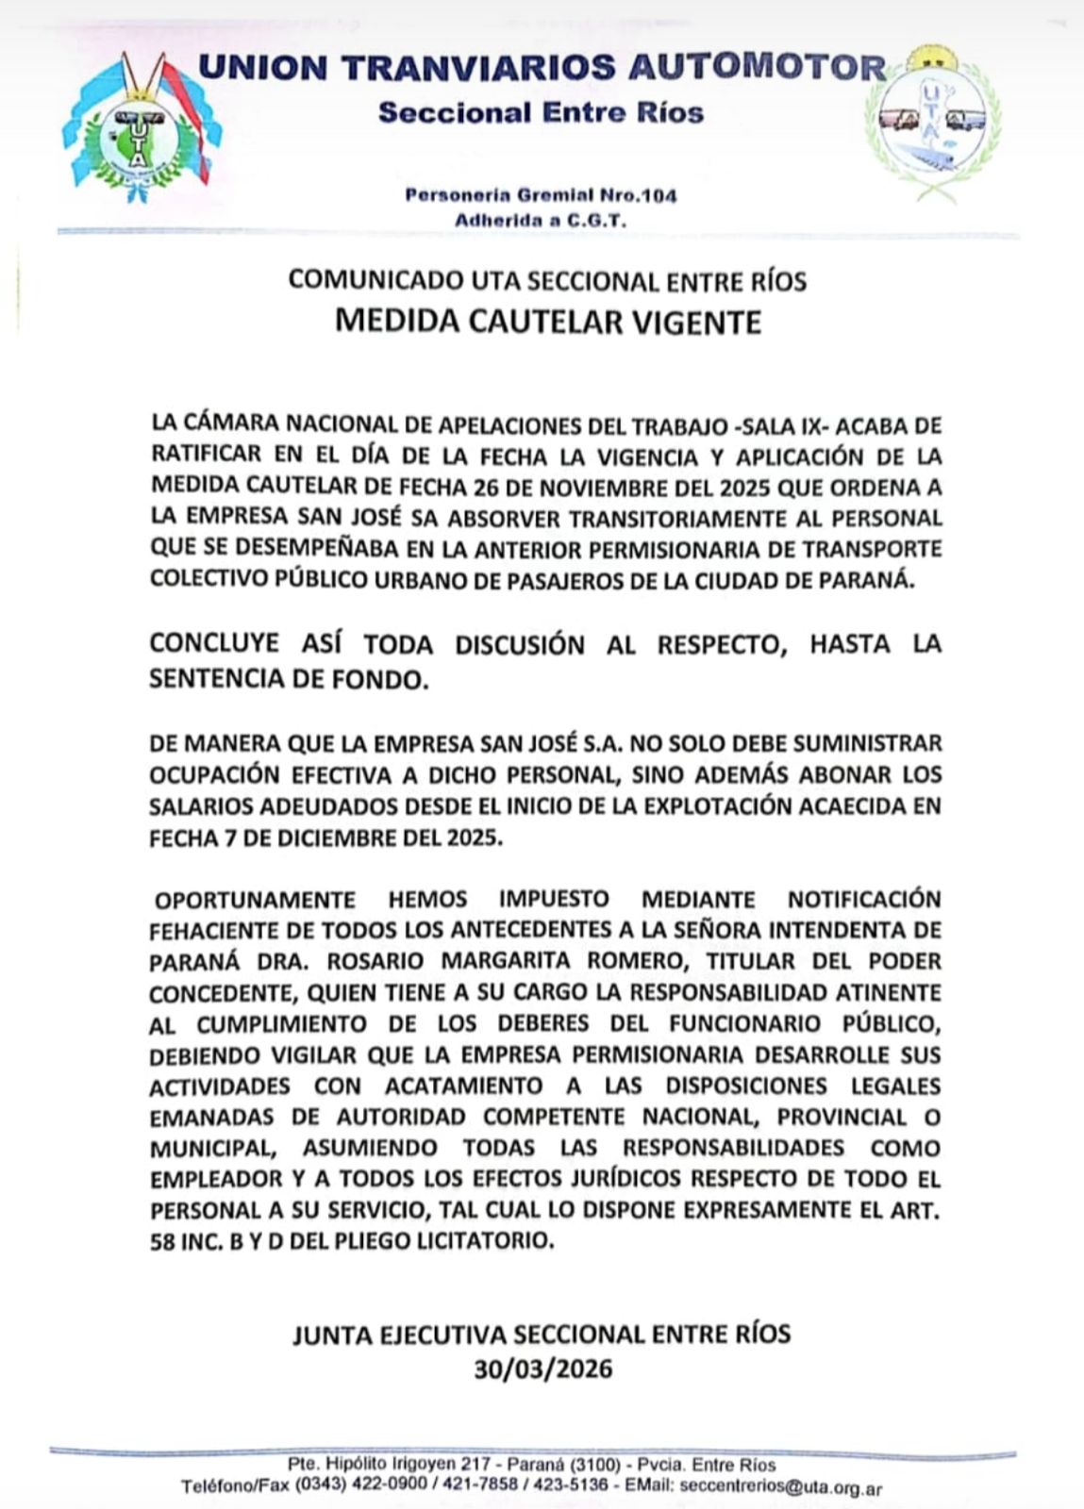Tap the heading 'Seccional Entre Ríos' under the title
(541, 113)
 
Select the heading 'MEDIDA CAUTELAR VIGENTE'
(547, 323)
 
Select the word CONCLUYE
(214, 643)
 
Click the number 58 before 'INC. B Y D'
(162, 1241)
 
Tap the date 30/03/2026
(542, 1368)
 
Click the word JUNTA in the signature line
(332, 1335)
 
